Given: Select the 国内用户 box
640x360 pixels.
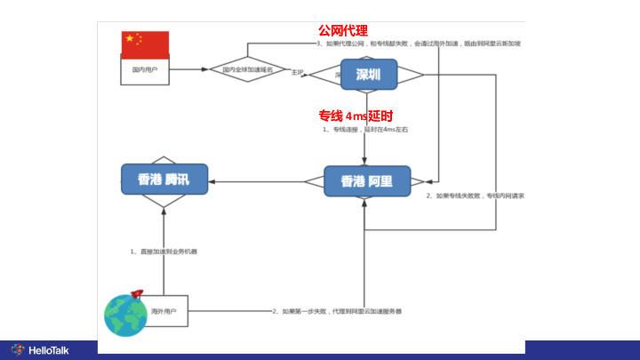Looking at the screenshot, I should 145,70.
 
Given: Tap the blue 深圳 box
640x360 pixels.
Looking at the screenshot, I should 368,75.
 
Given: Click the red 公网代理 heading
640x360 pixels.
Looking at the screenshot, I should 343,31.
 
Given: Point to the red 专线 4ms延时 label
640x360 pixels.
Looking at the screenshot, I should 356,116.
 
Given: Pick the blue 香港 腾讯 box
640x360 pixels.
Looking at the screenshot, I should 164,180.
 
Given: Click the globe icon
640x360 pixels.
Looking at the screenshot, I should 125,315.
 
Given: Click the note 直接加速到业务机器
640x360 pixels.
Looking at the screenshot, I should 164,252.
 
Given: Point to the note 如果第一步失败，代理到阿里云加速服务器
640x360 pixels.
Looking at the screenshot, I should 337,311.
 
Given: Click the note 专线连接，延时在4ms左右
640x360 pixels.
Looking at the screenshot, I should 365,130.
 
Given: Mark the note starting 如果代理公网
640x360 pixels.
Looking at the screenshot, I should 418,43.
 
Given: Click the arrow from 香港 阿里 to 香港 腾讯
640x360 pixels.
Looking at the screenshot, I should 258,181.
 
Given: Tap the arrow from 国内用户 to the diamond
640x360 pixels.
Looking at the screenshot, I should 188,68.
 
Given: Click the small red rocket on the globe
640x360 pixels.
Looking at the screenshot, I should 137,293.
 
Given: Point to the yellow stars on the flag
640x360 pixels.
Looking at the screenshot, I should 132,39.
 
